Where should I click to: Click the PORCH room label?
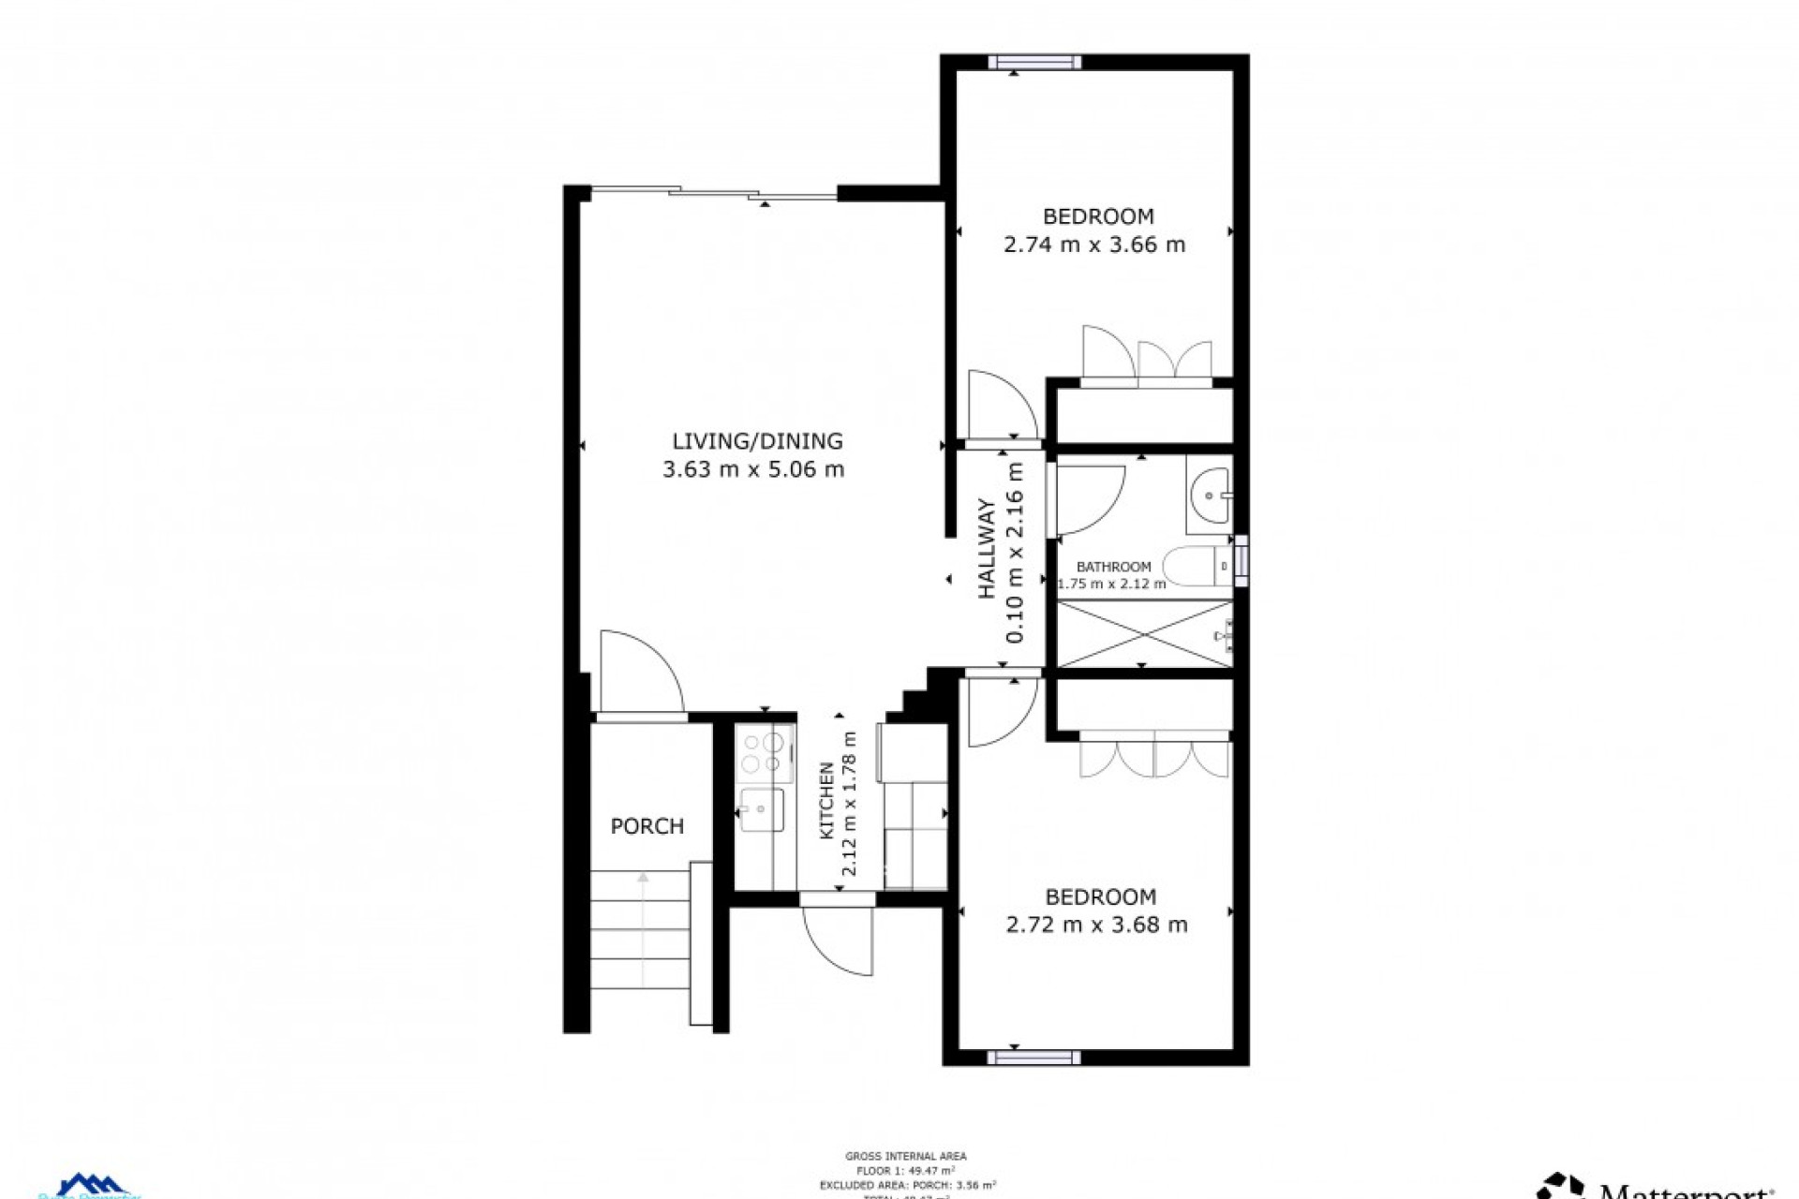[647, 826]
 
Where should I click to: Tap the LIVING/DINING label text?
[757, 441]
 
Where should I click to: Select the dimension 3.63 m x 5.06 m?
[753, 469]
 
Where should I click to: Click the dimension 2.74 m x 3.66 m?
[1093, 245]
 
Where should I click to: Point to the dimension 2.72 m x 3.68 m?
[1096, 925]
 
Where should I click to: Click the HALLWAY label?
[988, 550]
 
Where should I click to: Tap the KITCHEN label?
[827, 801]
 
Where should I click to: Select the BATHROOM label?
[1113, 567]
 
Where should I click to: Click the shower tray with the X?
[1144, 634]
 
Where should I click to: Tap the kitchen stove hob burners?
[764, 752]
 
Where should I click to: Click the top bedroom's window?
[1034, 63]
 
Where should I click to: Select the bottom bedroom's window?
[1033, 1058]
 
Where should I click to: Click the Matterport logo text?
[1687, 1191]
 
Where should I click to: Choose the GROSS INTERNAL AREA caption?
[905, 1157]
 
